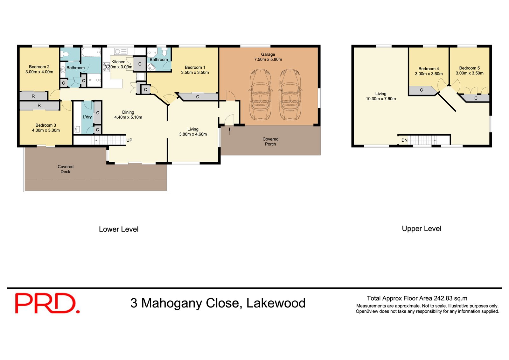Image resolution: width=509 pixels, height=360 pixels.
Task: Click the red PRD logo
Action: (47, 303)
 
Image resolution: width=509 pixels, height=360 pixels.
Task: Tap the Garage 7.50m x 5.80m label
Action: (268, 57)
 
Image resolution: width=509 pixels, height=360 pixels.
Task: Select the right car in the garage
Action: (289, 95)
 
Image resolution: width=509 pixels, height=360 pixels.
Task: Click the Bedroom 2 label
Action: (39, 67)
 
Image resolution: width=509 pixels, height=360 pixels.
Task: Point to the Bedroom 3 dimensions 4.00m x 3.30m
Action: (46, 130)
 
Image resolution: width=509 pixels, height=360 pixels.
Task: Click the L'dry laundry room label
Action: (87, 117)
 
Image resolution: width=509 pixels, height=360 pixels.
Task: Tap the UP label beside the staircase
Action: (129, 140)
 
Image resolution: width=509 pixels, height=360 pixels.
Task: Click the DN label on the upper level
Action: (404, 140)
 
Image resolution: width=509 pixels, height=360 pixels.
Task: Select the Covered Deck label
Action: (66, 169)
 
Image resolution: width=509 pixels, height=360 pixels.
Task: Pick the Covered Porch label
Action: (270, 142)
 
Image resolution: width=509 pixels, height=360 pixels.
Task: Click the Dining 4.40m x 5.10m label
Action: (128, 115)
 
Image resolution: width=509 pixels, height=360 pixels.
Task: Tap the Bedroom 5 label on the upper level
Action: (469, 68)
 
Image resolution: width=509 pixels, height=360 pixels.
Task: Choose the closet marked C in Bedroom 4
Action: (421, 90)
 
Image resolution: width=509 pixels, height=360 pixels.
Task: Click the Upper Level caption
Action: (422, 229)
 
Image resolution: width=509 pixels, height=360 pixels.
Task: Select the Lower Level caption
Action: (119, 229)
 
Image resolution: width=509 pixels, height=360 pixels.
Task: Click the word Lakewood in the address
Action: (276, 303)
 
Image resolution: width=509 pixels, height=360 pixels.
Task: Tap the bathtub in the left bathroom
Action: (91, 52)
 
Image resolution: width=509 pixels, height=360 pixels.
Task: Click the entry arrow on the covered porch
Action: (230, 131)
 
